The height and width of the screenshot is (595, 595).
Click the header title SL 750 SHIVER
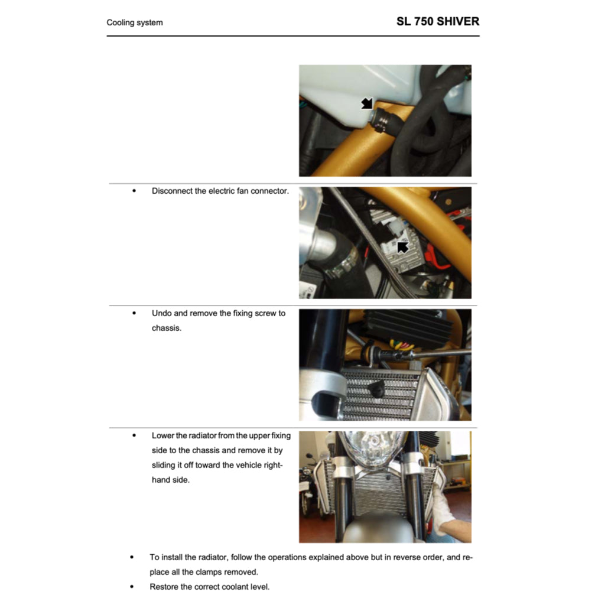tap(437, 22)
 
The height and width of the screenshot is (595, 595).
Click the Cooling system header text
tap(134, 22)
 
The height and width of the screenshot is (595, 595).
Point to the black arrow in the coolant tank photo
tap(368, 104)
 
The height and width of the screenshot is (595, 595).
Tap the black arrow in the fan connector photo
tap(403, 246)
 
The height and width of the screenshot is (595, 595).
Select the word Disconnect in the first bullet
tap(172, 191)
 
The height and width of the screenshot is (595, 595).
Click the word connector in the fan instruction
tap(270, 191)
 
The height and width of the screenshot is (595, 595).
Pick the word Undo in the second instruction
tap(161, 313)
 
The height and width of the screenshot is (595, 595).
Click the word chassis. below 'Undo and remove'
tap(167, 328)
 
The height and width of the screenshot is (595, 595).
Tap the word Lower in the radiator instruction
tap(162, 435)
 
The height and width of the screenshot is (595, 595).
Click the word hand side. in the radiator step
tap(171, 480)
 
